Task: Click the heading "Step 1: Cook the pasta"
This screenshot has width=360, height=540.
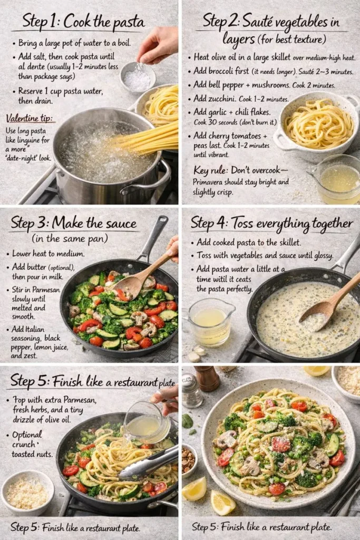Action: tap(83, 23)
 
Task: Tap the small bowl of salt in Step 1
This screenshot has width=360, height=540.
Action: tap(137, 78)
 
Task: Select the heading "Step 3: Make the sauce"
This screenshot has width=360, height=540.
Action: tap(74, 223)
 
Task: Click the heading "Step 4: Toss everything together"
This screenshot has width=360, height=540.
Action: tap(271, 223)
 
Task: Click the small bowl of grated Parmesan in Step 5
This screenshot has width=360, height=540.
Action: tap(26, 492)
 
